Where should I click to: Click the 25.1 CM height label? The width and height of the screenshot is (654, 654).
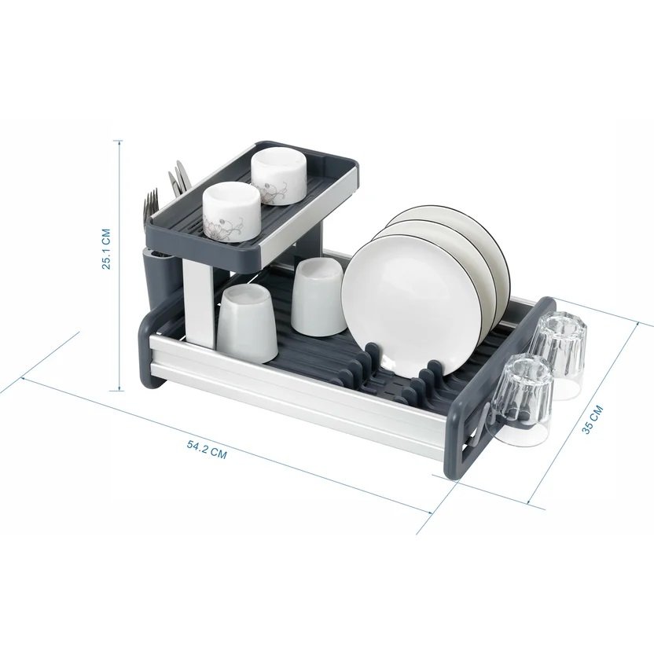pyautogui.click(x=107, y=248)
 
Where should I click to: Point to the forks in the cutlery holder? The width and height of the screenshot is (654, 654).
pyautogui.click(x=151, y=204)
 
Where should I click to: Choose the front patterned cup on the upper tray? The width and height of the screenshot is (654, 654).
pyautogui.click(x=230, y=213)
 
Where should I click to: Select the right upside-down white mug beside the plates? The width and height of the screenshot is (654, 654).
pyautogui.click(x=318, y=296)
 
